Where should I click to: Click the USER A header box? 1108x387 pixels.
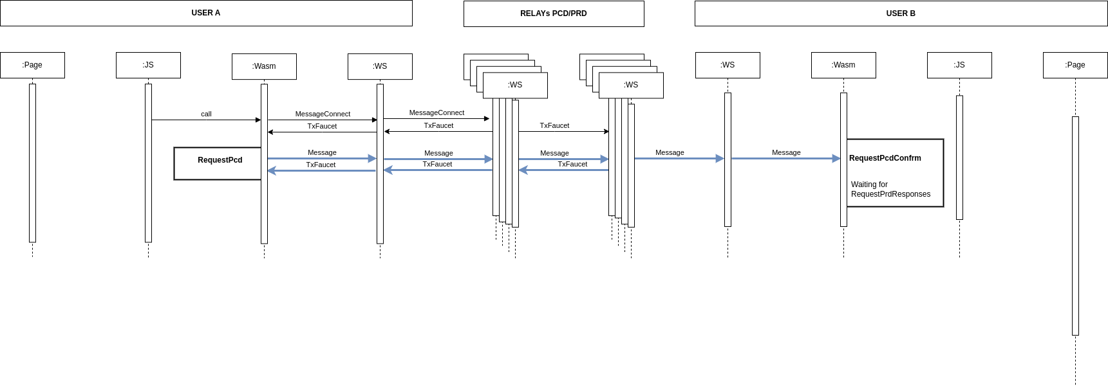pyautogui.click(x=206, y=13)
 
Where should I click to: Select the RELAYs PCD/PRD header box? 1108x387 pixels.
pyautogui.click(x=554, y=14)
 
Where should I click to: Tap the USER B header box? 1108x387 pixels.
pyautogui.click(x=901, y=14)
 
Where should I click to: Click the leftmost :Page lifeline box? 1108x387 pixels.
pyautogui.click(x=32, y=65)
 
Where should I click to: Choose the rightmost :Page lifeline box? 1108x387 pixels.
pyautogui.click(x=1075, y=65)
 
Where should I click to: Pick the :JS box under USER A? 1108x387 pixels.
pyautogui.click(x=148, y=65)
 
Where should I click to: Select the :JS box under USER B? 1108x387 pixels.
pyautogui.click(x=959, y=65)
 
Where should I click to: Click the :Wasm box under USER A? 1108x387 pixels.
pyautogui.click(x=264, y=66)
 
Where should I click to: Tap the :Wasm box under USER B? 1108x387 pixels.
pyautogui.click(x=843, y=65)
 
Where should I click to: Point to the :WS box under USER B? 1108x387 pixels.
pyautogui.click(x=728, y=65)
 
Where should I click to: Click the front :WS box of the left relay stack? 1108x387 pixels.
pyautogui.click(x=515, y=85)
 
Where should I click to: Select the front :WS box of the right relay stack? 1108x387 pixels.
pyautogui.click(x=631, y=85)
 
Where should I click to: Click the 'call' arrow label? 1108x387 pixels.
pyautogui.click(x=206, y=114)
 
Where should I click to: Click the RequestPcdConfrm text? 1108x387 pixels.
pyautogui.click(x=885, y=158)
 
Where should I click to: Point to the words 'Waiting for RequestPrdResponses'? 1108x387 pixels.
pyautogui.click(x=890, y=189)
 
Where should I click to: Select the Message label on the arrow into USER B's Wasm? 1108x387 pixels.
pyautogui.click(x=786, y=152)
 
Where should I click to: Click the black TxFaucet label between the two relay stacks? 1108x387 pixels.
pyautogui.click(x=554, y=125)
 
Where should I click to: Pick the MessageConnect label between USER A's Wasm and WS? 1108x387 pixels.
pyautogui.click(x=323, y=114)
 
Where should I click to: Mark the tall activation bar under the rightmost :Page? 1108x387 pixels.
pyautogui.click(x=1075, y=226)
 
